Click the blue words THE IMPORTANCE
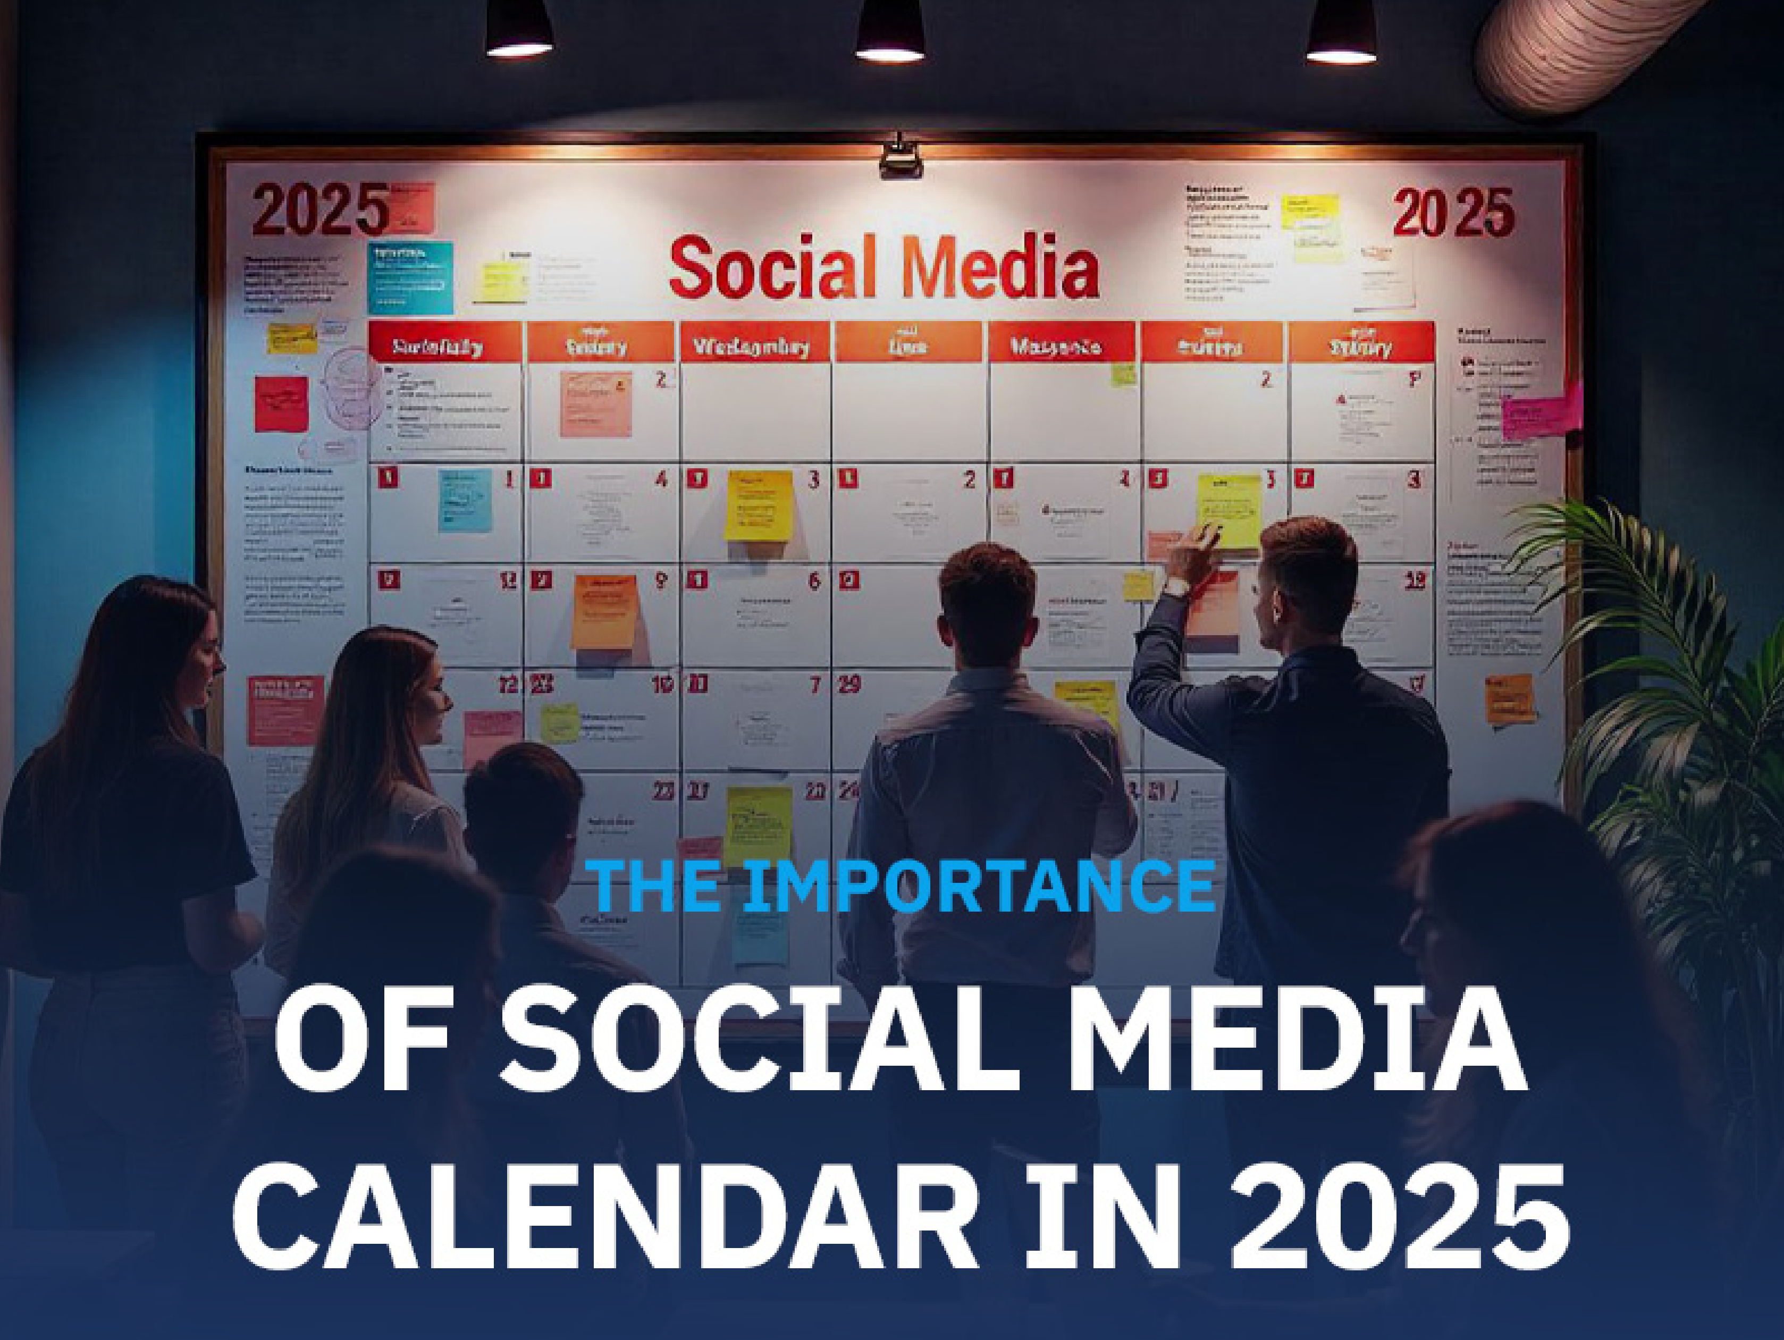[x=899, y=886]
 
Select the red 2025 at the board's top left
[x=320, y=209]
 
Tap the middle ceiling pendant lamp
[x=889, y=32]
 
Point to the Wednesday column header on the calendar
[x=753, y=347]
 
